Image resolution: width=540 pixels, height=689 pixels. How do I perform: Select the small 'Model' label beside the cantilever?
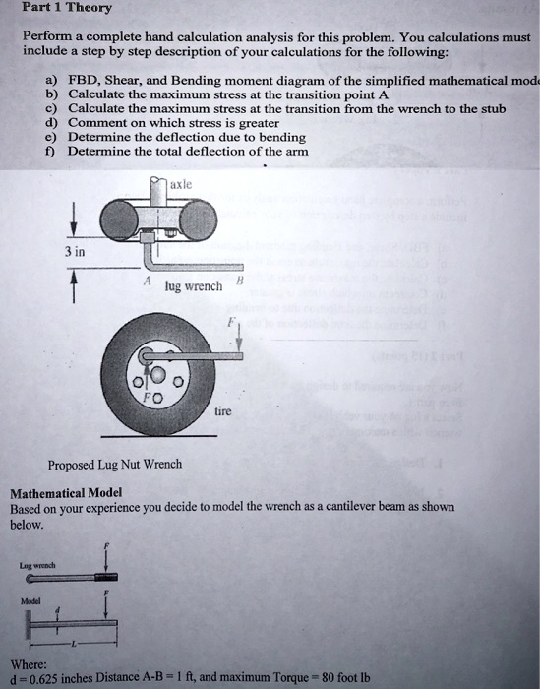pos(23,598)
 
